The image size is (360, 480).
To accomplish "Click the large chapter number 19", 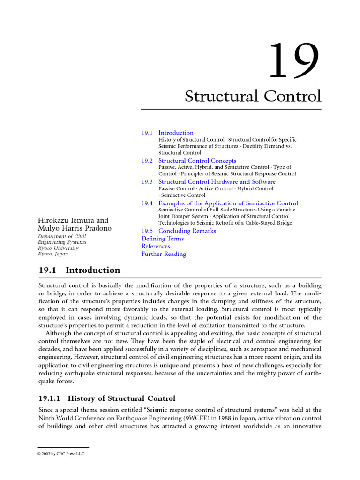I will click(294, 61).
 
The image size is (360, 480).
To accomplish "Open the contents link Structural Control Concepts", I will click(197, 161).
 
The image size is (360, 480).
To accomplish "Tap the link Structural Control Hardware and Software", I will click(217, 182).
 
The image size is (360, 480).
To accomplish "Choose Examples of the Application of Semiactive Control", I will click(228, 203).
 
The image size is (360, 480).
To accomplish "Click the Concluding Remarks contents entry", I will click(187, 231).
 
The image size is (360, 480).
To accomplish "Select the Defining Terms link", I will click(163, 239).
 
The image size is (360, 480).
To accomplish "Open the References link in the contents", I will click(156, 246).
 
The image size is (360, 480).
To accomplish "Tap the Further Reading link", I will click(164, 254).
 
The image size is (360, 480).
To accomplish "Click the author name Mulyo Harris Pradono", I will click(75, 228).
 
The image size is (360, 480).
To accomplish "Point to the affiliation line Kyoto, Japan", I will click(52, 254).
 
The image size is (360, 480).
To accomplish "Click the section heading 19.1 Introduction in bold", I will click(79, 270).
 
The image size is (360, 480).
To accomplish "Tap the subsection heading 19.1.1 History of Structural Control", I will click(106, 398).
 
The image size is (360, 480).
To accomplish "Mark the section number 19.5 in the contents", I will click(147, 231).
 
